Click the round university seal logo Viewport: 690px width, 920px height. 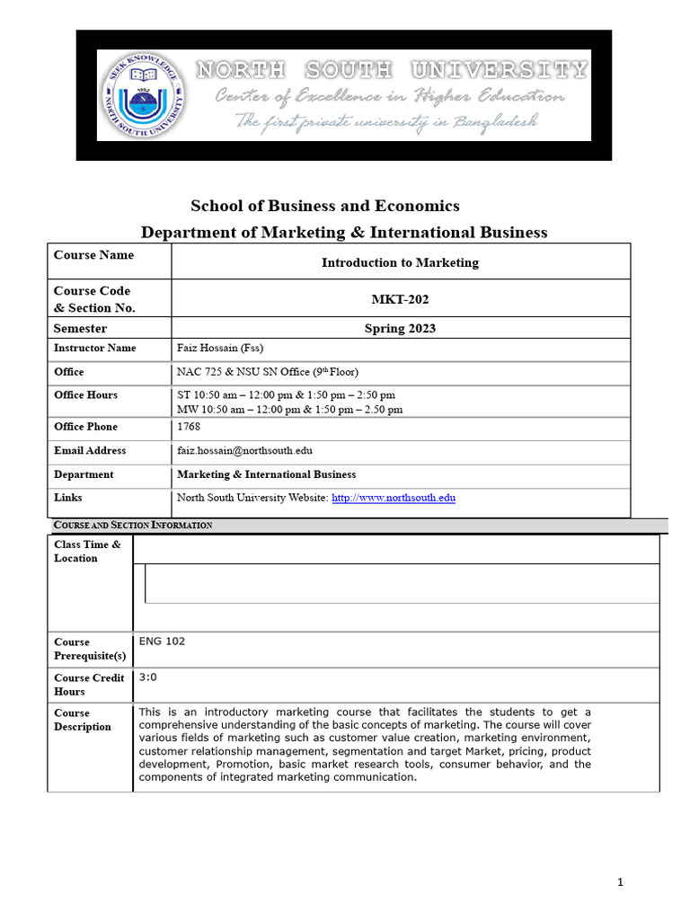(x=143, y=95)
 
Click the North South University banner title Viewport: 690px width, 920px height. (x=392, y=69)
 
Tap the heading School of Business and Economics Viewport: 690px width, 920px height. (x=324, y=206)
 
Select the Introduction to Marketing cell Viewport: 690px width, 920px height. (x=400, y=262)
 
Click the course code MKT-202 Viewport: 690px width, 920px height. (x=400, y=298)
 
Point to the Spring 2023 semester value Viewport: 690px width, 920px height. (x=400, y=328)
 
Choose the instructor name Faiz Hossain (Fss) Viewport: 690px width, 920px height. (x=220, y=348)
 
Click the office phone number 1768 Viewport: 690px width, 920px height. (x=189, y=427)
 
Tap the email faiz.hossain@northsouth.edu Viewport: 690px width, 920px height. (x=244, y=450)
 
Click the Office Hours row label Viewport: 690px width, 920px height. (x=85, y=394)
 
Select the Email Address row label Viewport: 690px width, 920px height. (x=90, y=450)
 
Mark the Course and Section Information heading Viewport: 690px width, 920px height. (x=133, y=525)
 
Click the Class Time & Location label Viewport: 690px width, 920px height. (x=86, y=551)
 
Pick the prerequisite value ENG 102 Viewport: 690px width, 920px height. (x=162, y=641)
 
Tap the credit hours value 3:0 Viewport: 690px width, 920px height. (x=148, y=677)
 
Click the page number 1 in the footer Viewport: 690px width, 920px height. (x=620, y=882)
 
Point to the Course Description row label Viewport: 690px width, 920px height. (x=83, y=720)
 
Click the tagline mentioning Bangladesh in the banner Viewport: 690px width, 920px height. (x=387, y=121)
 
